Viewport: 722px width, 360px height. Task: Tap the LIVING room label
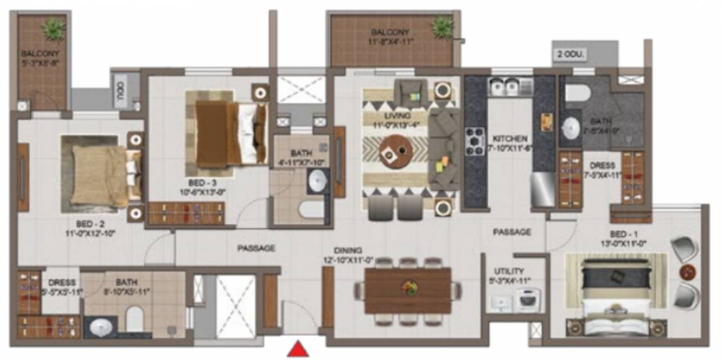click(398, 116)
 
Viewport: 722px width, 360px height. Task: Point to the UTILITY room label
click(509, 271)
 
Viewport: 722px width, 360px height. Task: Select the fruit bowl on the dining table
click(409, 287)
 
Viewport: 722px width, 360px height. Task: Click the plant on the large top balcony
click(443, 26)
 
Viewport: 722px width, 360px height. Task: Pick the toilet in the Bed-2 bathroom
click(134, 319)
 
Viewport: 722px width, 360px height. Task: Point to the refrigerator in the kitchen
click(543, 189)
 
